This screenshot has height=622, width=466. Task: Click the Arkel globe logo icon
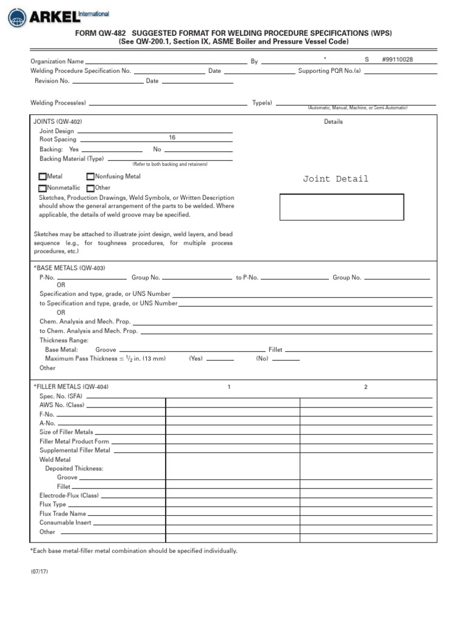[17, 18]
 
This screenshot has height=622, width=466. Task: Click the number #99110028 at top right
[397, 60]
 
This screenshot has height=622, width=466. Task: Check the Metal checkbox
[42, 177]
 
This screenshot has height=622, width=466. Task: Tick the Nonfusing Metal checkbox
[90, 177]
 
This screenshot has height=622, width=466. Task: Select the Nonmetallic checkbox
[42, 188]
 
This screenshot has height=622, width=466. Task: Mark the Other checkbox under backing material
[90, 188]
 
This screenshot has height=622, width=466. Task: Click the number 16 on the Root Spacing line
[172, 138]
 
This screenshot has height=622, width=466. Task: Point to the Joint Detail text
[336, 179]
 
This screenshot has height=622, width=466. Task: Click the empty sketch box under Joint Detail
[342, 207]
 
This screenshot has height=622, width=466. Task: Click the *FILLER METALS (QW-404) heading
[71, 387]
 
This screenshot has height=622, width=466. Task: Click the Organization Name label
[57, 61]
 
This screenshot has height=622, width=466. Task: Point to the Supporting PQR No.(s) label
[329, 71]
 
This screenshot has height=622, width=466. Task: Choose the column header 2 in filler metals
[365, 387]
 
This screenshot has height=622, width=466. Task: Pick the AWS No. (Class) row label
[62, 405]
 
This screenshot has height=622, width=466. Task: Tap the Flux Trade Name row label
[62, 514]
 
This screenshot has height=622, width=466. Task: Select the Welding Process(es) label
[58, 103]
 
